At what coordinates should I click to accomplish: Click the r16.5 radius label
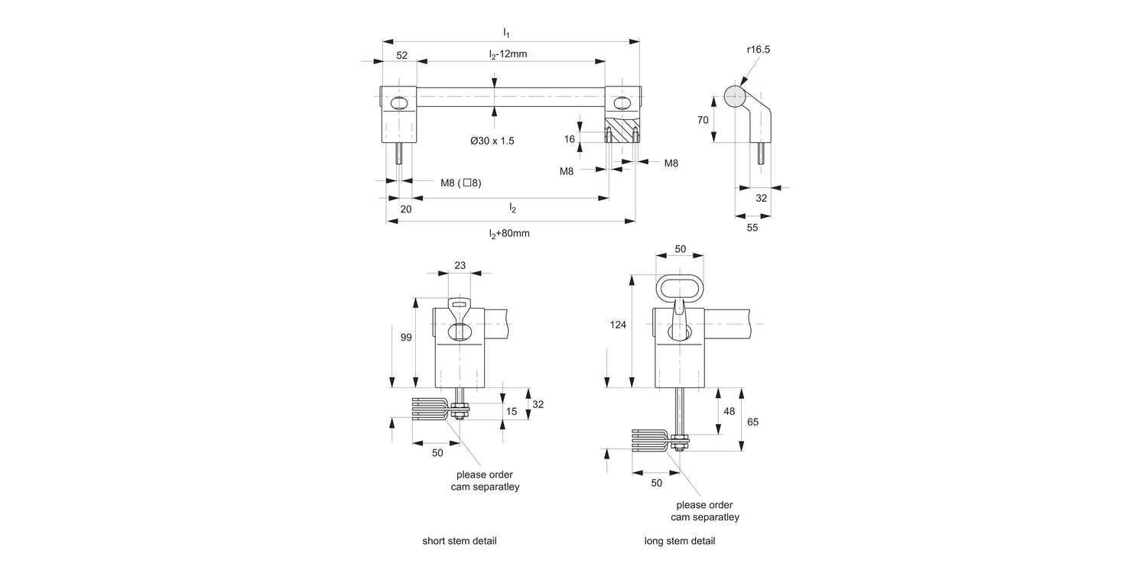pos(759,49)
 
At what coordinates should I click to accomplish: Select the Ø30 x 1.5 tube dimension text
pos(492,141)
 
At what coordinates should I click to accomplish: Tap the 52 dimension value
pos(401,54)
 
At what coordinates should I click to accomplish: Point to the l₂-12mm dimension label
pos(509,54)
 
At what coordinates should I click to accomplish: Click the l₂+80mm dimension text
pos(509,234)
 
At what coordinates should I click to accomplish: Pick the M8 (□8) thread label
pos(460,183)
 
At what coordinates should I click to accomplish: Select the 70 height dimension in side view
pos(702,120)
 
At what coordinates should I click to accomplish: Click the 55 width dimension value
pos(752,228)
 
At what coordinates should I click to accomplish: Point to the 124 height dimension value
pos(619,325)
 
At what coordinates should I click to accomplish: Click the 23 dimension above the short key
pos(460,265)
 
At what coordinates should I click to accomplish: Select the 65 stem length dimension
pos(752,422)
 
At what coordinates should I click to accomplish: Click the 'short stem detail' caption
pos(460,541)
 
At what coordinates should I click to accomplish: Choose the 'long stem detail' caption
pos(680,541)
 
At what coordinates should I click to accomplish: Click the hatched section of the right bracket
pos(621,129)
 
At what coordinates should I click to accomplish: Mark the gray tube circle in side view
pos(734,97)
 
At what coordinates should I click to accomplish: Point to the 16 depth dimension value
pos(569,139)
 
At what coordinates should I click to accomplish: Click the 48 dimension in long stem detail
pos(729,411)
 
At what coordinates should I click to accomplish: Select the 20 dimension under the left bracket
pos(406,209)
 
